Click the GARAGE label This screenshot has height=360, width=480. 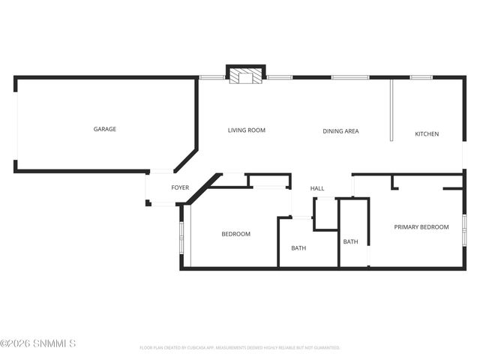(x=104, y=129)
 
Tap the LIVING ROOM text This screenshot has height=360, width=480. (x=247, y=130)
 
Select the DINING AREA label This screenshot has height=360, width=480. (x=340, y=131)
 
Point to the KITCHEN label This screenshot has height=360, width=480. (x=427, y=134)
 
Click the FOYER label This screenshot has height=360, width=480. (x=180, y=187)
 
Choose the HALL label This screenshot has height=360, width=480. (x=317, y=188)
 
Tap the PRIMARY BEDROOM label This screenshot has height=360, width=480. (x=421, y=227)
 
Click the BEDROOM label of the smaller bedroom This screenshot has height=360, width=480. (x=235, y=234)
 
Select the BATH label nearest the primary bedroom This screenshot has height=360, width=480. (x=350, y=241)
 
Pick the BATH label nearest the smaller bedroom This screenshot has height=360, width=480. (x=298, y=248)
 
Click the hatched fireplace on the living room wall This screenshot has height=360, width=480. (x=245, y=76)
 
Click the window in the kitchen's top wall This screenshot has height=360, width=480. (x=420, y=76)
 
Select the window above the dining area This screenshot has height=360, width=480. (x=349, y=76)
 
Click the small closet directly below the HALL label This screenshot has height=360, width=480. (x=325, y=213)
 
